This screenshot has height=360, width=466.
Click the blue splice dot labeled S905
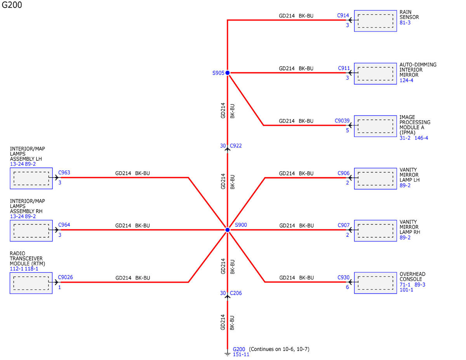point(227,73)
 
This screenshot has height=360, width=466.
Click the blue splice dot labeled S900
point(227,230)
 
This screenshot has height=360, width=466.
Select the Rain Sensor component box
point(375,21)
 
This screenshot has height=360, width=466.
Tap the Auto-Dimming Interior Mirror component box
point(375,73)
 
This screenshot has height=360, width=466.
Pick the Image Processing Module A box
point(375,126)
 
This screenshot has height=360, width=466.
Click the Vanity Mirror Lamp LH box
point(375,179)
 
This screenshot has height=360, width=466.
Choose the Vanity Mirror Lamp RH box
point(375,231)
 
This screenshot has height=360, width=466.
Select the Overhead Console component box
point(375,283)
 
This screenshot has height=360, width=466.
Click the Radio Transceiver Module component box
point(31,283)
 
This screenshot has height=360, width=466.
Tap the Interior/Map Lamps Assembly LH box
point(31,178)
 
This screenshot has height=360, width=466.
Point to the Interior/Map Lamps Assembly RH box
point(31,231)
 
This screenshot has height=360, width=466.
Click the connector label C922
point(236,146)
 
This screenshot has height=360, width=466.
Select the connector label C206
point(236,293)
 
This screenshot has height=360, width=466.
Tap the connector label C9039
point(342,121)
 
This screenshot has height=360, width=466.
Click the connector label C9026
point(65,277)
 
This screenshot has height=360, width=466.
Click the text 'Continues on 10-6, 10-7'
point(279,349)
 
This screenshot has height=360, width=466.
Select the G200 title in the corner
point(12,5)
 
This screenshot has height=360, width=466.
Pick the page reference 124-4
point(406,80)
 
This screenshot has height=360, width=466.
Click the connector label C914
point(343,16)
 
